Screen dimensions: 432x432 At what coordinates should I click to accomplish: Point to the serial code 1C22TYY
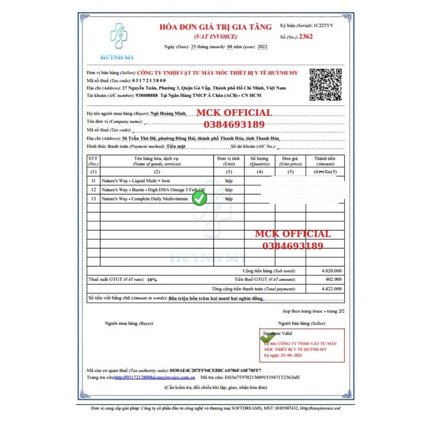(x=323, y=25)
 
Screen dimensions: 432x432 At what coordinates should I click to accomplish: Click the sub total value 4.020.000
(x=331, y=270)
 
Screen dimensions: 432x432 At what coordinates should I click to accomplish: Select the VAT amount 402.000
(x=333, y=279)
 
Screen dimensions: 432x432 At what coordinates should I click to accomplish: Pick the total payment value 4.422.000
(x=331, y=289)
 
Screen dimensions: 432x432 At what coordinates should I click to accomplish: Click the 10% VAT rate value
(x=152, y=280)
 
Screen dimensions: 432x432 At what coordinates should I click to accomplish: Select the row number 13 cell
(x=93, y=199)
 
